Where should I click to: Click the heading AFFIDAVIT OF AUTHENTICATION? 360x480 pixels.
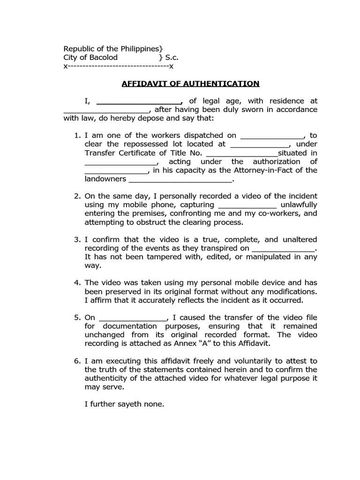click(x=190, y=84)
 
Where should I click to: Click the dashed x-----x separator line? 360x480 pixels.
click(x=119, y=67)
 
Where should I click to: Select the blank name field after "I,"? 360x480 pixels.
click(x=139, y=101)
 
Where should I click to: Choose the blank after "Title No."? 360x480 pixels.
click(x=242, y=153)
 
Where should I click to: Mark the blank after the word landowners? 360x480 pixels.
click(x=180, y=179)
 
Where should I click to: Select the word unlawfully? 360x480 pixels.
click(x=299, y=205)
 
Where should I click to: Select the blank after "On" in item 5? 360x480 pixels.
click(x=134, y=317)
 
